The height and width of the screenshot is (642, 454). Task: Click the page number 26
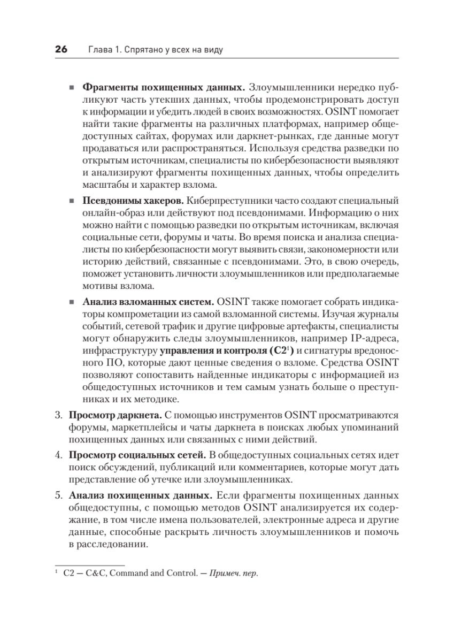pos(60,50)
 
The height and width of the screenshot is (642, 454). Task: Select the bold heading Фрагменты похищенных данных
pos(164,87)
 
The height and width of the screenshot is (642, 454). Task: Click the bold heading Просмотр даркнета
pos(114,416)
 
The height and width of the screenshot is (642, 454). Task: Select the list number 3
pos(58,416)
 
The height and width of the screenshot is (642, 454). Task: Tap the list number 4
pos(58,455)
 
